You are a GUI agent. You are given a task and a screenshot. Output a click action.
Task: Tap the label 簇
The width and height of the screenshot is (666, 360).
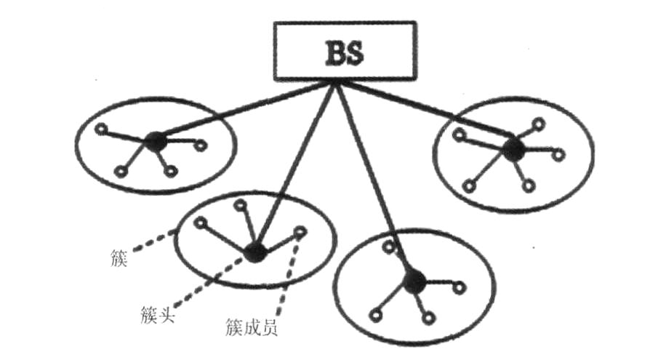120,257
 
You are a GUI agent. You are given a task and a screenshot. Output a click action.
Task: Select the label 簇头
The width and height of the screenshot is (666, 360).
156,314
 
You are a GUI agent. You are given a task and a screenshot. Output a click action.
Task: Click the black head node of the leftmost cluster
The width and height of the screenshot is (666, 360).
153,140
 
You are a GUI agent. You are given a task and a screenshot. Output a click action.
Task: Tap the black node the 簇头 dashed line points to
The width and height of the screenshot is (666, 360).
254,252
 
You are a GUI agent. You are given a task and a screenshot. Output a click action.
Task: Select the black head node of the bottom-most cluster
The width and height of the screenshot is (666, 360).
414,280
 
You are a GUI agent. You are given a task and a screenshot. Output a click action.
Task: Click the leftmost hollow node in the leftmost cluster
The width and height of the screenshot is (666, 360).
101,131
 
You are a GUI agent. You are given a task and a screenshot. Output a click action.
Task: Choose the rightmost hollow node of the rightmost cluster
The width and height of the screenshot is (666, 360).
558,153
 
